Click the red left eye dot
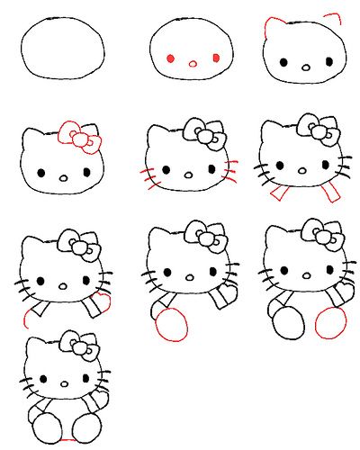coord(170,59)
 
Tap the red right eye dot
coord(216,58)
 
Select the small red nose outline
coord(193,64)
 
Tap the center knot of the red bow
coord(79,139)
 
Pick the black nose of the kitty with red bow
coord(63,176)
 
